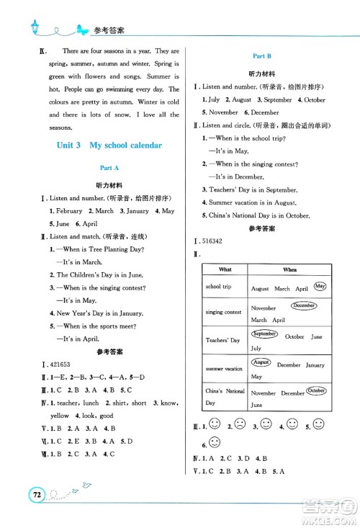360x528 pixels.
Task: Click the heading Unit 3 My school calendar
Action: click(x=109, y=145)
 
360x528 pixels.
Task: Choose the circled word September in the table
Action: click(x=264, y=334)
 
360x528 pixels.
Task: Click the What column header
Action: click(x=225, y=269)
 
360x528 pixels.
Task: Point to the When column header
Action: click(x=289, y=269)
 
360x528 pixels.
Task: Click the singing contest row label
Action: click(x=224, y=312)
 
